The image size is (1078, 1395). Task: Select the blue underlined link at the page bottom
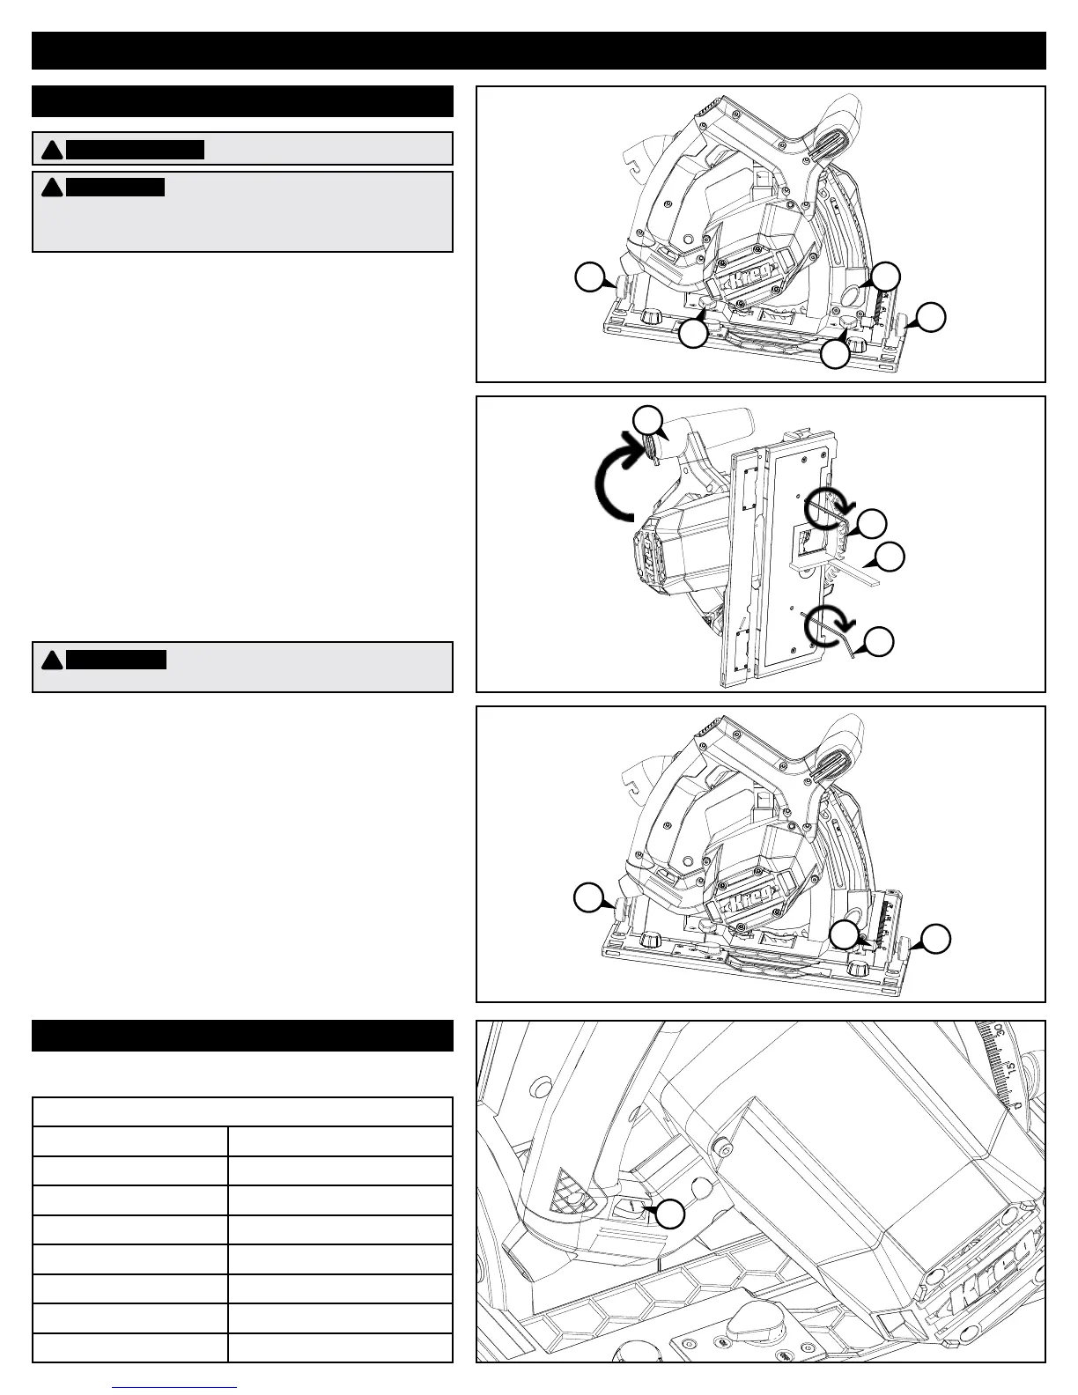pyautogui.click(x=176, y=1390)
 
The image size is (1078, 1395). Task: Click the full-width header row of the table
pyautogui.click(x=242, y=1111)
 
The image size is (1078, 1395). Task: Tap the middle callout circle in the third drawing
pyautogui.click(x=846, y=935)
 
